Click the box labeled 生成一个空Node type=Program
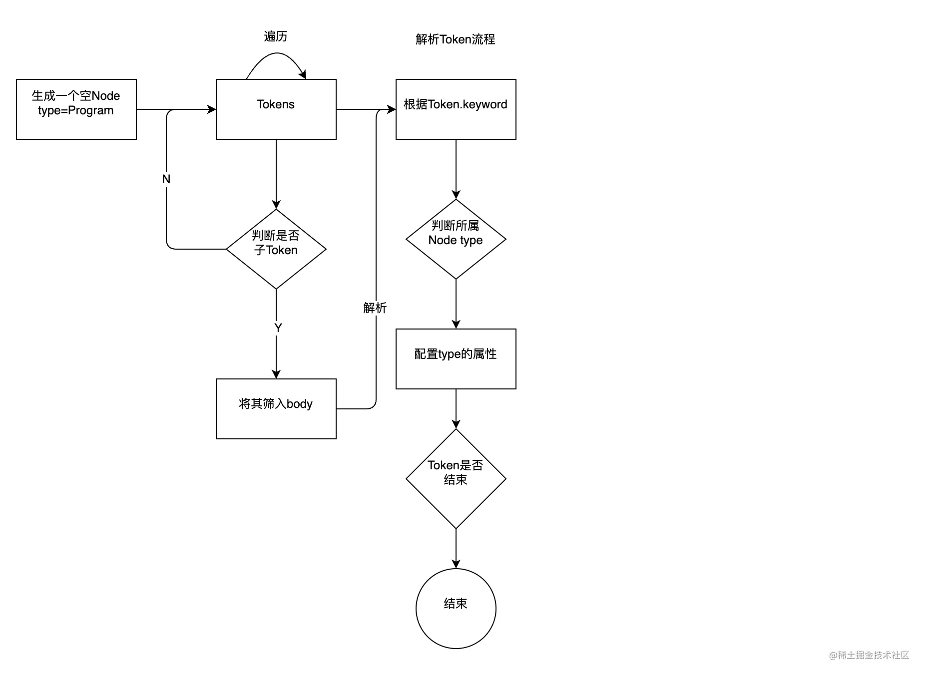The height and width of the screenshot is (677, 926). coord(76,109)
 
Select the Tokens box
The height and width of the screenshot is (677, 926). coord(276,109)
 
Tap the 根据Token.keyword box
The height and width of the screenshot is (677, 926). coord(456,109)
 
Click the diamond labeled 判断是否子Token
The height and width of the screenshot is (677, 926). coord(276,249)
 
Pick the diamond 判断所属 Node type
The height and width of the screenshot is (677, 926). coord(456,239)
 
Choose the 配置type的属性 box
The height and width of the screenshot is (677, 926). coord(456,358)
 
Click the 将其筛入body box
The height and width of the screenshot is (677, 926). coord(276,408)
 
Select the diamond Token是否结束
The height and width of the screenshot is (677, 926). coord(456,478)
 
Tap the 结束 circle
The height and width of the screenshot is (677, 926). coord(456,608)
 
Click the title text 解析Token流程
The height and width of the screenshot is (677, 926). coord(455,39)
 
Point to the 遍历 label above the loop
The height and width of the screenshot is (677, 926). coord(275,36)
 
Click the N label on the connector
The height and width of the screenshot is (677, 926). coord(166,179)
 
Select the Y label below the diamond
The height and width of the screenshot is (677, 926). coord(278,328)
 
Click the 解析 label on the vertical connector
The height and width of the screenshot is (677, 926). coord(375,308)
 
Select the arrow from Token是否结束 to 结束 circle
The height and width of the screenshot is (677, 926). coord(456,548)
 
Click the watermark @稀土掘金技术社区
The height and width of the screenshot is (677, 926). coord(869,655)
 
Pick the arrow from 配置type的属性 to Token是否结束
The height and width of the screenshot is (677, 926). coord(456,408)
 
